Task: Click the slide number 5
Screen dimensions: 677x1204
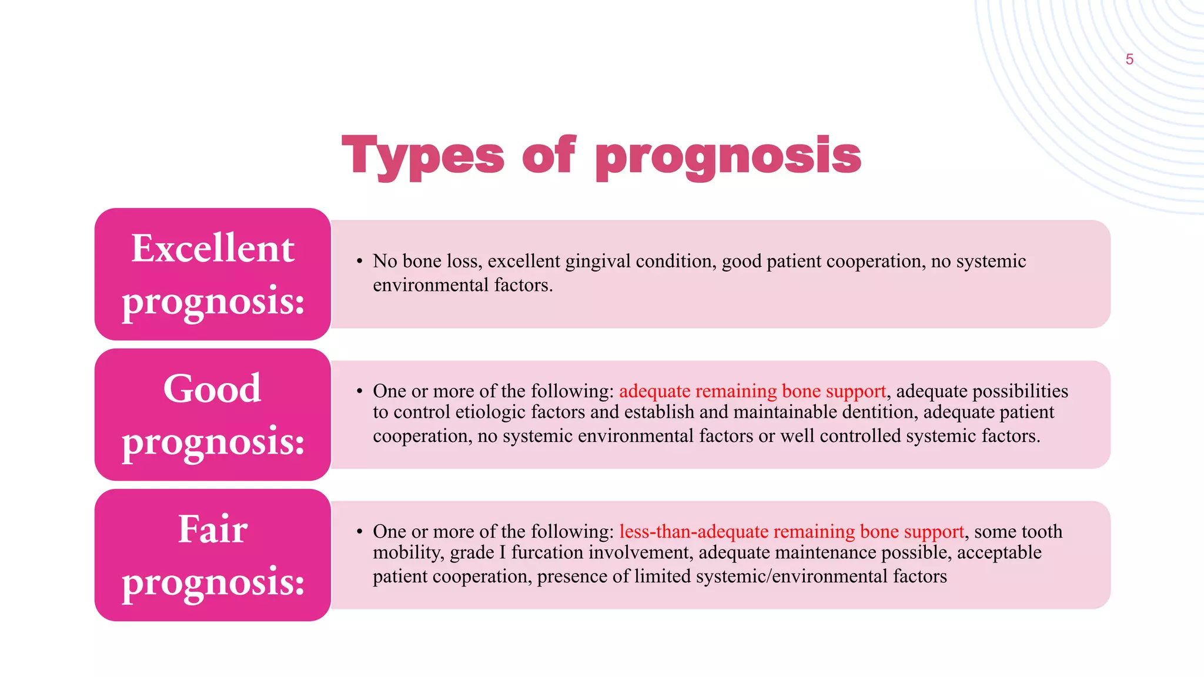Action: [x=1129, y=59]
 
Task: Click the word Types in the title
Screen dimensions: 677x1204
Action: [x=423, y=156]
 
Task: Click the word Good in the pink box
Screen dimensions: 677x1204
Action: [x=212, y=388]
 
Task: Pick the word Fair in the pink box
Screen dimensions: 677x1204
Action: [x=213, y=529]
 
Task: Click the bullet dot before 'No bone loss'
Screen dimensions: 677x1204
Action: [x=360, y=261]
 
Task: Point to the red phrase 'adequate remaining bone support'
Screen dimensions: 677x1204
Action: [x=752, y=391]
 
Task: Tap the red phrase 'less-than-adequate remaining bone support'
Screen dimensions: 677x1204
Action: [x=791, y=532]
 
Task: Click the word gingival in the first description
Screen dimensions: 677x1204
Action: [x=598, y=261]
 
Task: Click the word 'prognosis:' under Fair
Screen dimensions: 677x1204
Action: [x=213, y=582]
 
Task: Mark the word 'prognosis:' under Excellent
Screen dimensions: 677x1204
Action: [x=213, y=301]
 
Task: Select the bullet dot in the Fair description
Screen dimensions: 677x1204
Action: [x=360, y=532]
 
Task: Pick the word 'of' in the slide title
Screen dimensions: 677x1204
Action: [x=549, y=155]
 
